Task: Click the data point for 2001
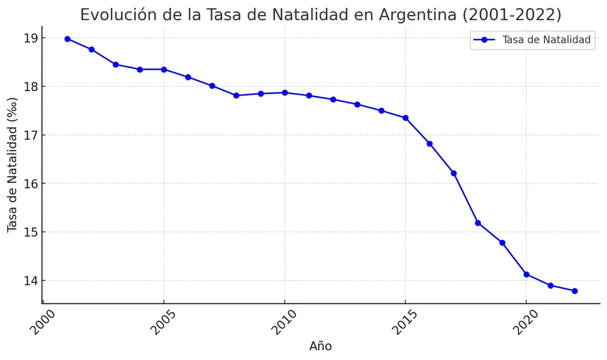(67, 39)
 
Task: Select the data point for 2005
(164, 69)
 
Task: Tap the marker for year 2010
(285, 92)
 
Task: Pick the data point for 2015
(405, 118)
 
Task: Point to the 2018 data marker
(478, 223)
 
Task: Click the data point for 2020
(526, 274)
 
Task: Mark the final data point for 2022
(574, 291)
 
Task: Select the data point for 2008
(236, 95)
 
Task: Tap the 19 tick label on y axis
(31, 38)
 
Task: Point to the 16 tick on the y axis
(31, 183)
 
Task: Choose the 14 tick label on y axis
(31, 280)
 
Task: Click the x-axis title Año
(320, 347)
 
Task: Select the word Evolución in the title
(115, 15)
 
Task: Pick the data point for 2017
(453, 173)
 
